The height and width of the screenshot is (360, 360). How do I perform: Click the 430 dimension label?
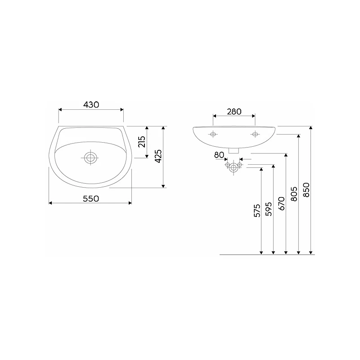point(91,105)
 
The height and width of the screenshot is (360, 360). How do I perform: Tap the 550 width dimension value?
point(91,198)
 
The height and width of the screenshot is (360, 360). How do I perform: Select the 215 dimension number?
point(142,142)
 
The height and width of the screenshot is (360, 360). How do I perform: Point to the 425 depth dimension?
point(158,156)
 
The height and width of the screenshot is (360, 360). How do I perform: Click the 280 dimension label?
point(234,112)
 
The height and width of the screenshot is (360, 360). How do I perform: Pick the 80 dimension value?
point(219,155)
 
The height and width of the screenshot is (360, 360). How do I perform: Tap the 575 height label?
point(257,210)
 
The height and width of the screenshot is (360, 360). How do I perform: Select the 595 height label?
point(269,209)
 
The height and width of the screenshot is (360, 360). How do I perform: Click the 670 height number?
point(282,203)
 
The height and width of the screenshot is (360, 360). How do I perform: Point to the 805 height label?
point(294,194)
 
